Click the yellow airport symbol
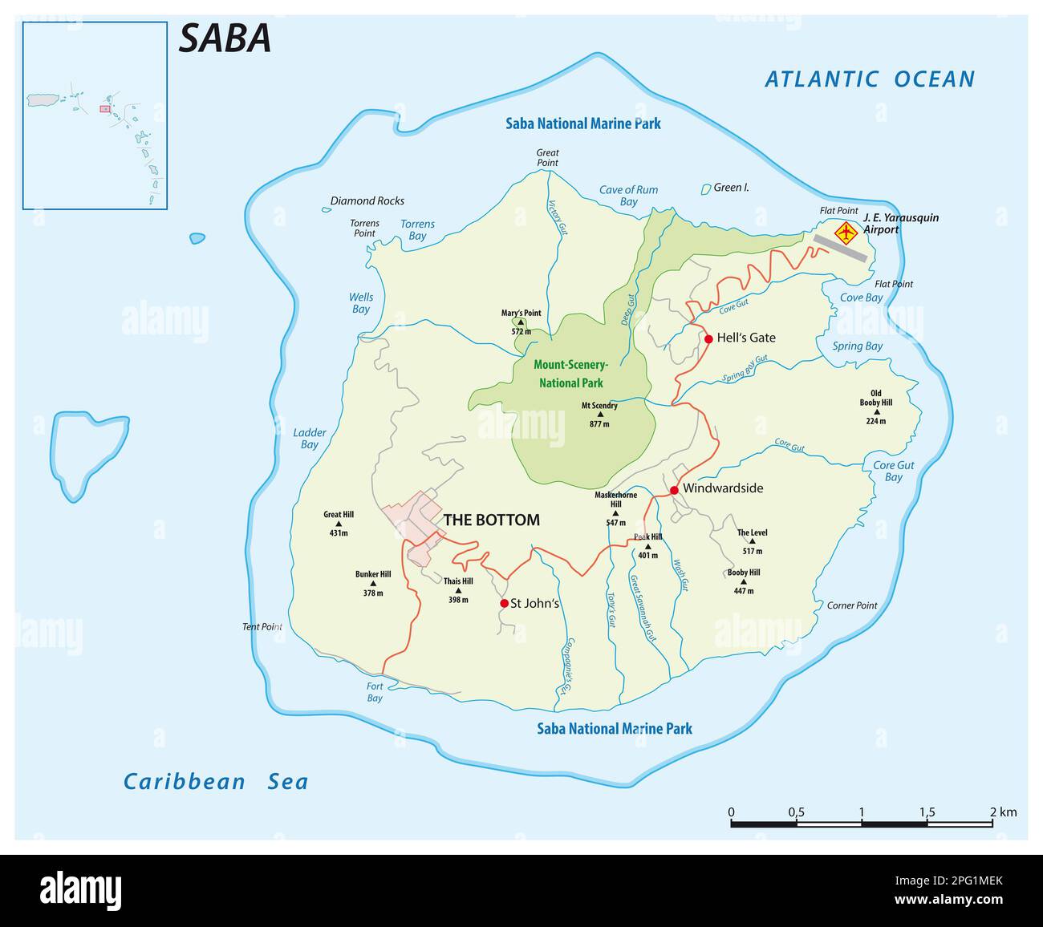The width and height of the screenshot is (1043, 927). (x=846, y=233)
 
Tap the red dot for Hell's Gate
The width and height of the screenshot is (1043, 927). (x=708, y=339)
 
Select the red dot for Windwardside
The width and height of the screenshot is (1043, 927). (x=674, y=490)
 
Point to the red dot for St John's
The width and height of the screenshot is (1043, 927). (x=504, y=603)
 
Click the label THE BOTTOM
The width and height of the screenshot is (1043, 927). (x=491, y=520)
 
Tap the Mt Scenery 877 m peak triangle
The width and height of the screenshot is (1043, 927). (x=599, y=415)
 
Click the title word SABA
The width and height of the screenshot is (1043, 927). (x=225, y=38)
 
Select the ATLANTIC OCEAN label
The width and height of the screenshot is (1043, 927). (x=870, y=79)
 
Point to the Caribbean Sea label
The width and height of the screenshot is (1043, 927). (x=215, y=782)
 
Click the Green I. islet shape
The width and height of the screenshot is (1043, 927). (x=706, y=189)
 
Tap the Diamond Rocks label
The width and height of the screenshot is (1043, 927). (x=367, y=201)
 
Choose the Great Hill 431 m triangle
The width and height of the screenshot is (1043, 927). (x=338, y=524)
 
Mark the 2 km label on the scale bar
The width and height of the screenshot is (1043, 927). (x=1004, y=812)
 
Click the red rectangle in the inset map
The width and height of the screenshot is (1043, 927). (x=104, y=108)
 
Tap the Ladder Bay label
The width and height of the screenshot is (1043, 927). (x=310, y=439)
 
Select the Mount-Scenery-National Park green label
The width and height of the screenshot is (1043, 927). (x=570, y=373)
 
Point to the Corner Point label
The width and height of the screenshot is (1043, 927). (x=852, y=605)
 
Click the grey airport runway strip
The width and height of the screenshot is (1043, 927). (x=840, y=248)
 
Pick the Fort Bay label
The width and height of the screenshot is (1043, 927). (x=375, y=692)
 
